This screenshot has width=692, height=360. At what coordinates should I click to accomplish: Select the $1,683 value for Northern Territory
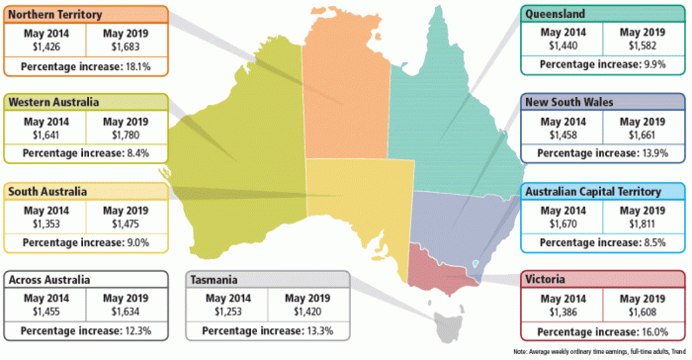coord(127,45)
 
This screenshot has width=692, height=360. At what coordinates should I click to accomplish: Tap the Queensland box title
coord(560,14)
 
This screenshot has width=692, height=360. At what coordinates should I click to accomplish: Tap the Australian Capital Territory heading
coord(598,191)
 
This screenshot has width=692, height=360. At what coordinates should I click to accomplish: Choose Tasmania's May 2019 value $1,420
coord(306,312)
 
